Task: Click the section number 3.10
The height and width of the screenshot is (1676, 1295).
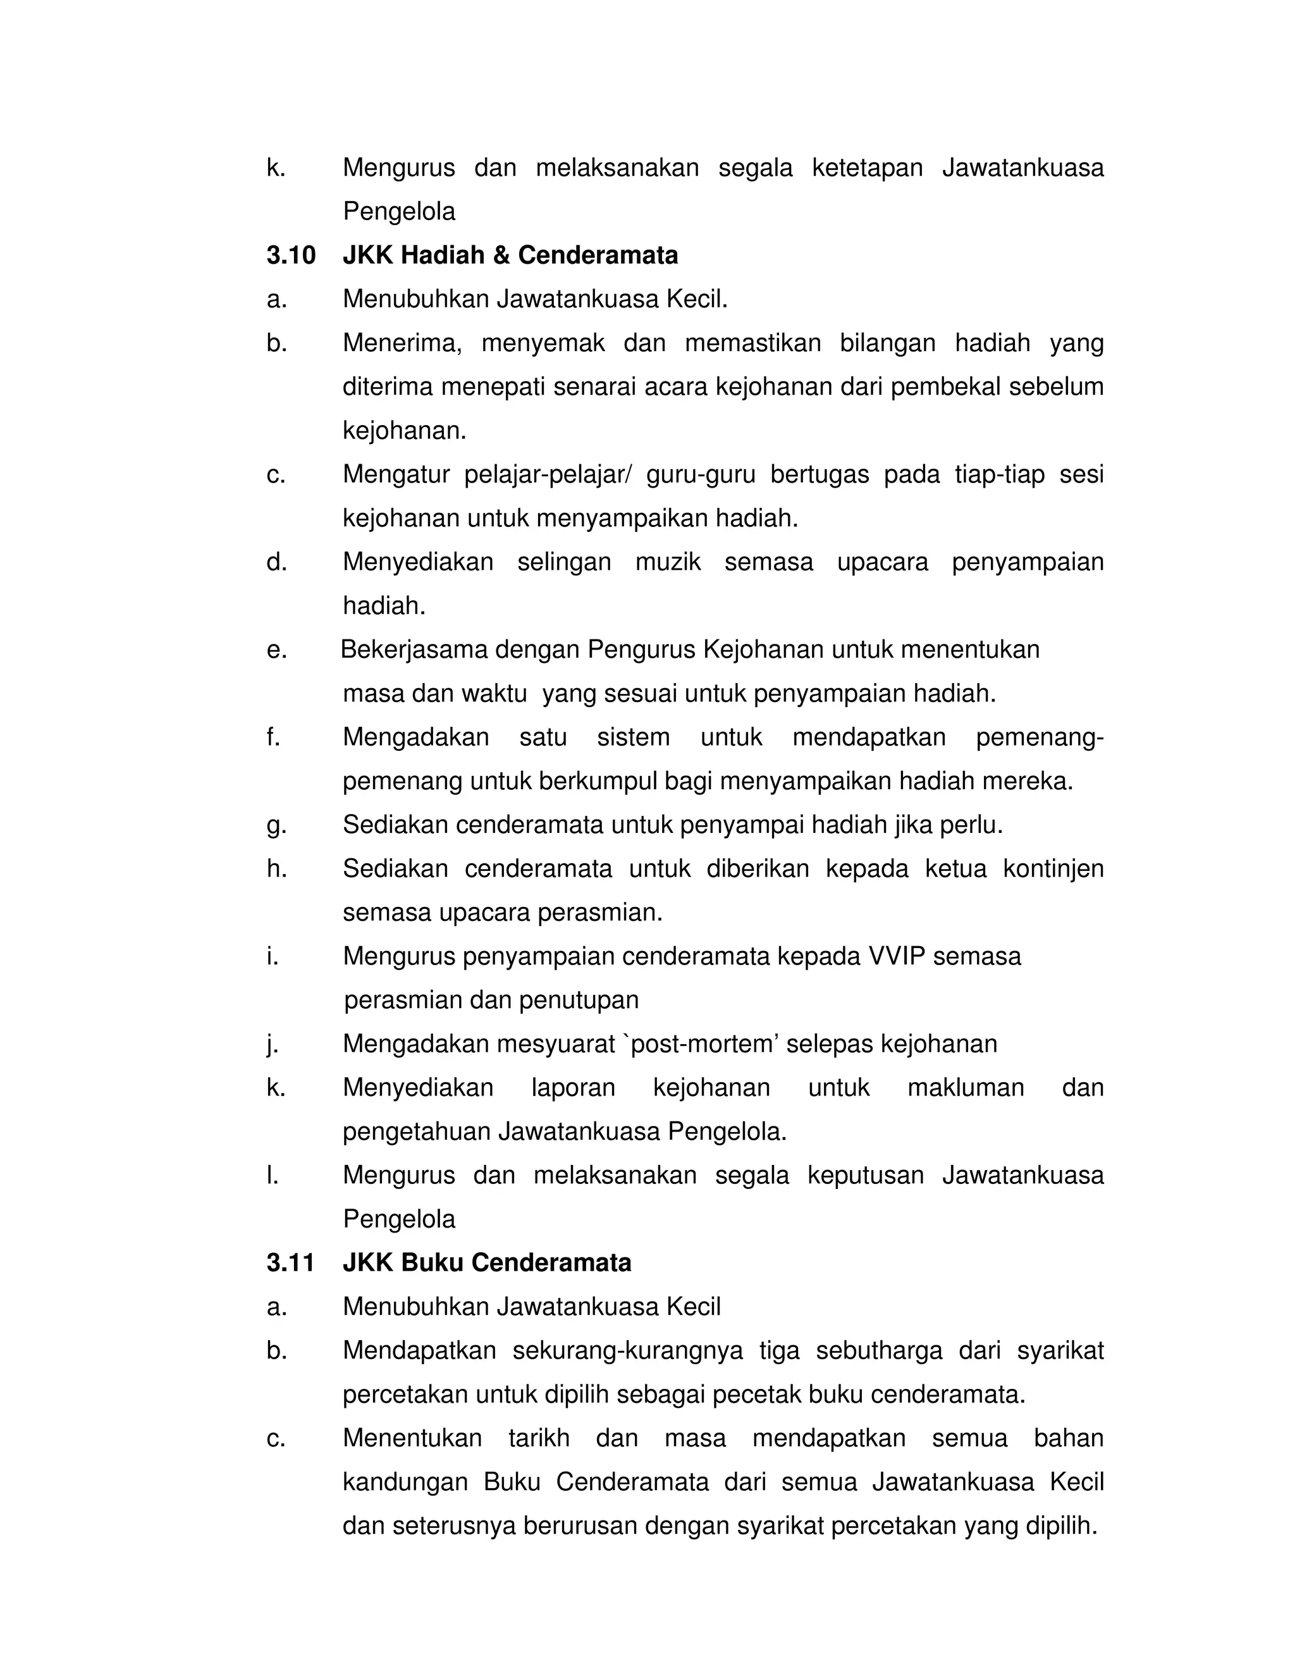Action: coord(291,256)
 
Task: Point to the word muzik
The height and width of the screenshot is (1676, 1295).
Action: coord(668,562)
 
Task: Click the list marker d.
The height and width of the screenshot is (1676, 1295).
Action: coord(276,562)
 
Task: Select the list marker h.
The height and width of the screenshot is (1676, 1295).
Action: coord(276,869)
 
